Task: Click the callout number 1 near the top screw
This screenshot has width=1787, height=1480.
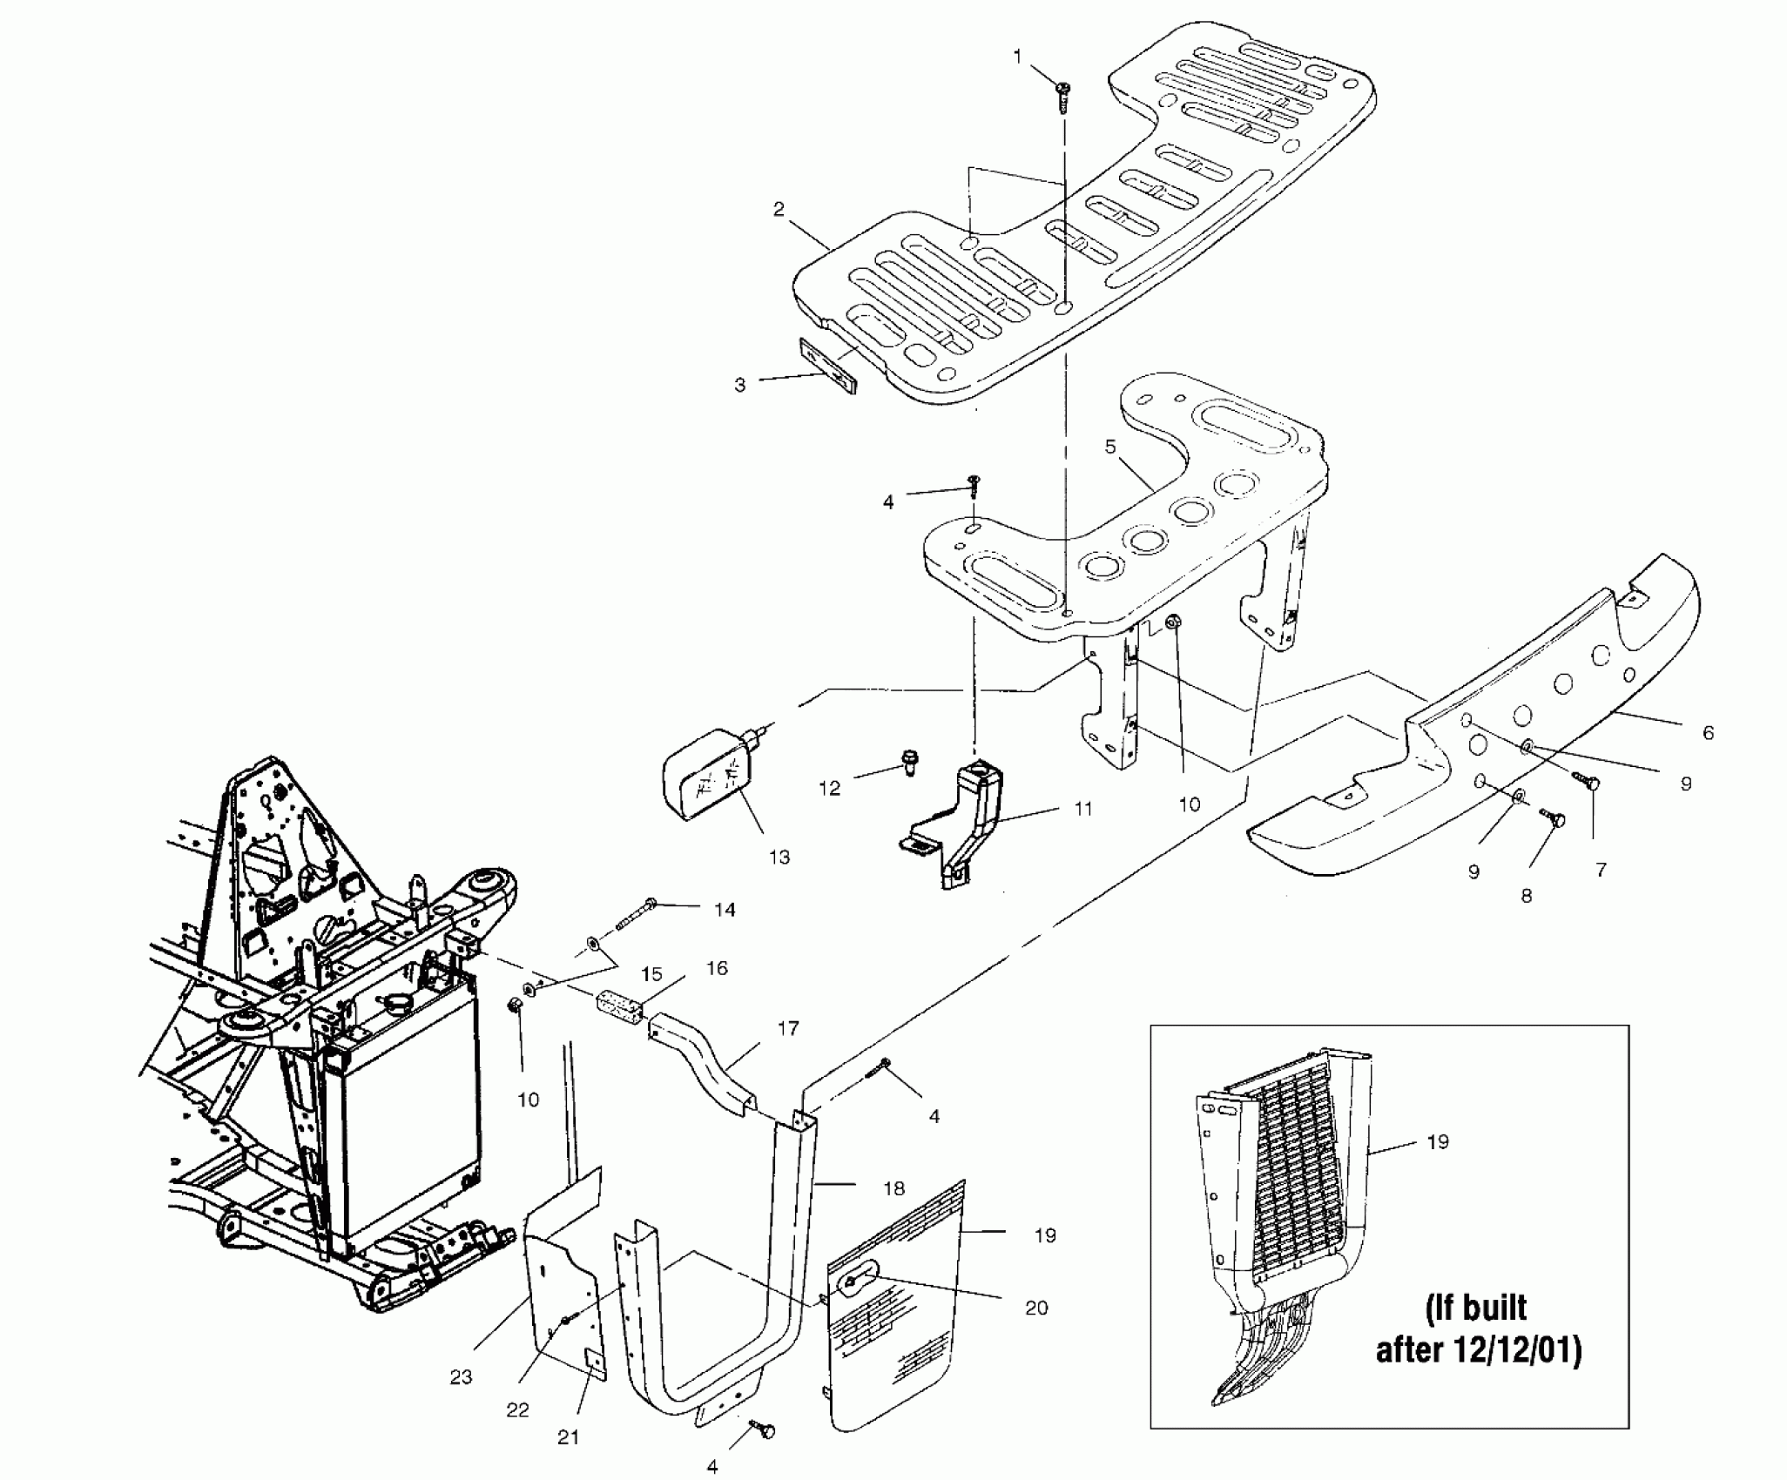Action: [1017, 57]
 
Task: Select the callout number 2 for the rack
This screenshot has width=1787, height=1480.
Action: [779, 209]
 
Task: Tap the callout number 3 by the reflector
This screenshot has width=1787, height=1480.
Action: [739, 385]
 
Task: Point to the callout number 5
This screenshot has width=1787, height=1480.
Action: [1109, 447]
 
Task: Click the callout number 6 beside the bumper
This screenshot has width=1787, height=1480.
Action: [1708, 733]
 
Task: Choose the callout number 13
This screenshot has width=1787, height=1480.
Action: [779, 857]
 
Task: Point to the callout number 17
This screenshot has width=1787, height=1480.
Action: [787, 1029]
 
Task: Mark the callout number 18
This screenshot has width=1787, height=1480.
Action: [893, 1187]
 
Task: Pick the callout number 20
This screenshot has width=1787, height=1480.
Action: [1036, 1331]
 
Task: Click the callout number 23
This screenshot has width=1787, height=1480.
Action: [461, 1376]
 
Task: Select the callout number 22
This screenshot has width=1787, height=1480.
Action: [517, 1409]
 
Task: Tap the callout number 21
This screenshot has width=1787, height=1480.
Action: [568, 1437]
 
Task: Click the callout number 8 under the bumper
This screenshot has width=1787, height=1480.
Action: [1526, 895]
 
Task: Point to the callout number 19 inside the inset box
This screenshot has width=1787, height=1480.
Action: [1438, 1140]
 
